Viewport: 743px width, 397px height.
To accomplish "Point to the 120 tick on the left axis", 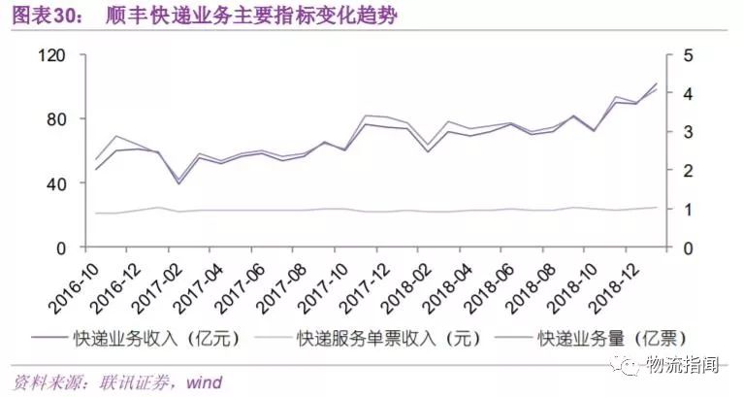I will click(x=50, y=55).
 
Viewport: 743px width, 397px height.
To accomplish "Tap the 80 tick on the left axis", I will click(x=54, y=119).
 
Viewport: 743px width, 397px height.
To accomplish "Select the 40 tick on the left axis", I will click(x=54, y=183).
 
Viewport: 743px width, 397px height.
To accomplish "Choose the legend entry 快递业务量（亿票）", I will click(x=599, y=338).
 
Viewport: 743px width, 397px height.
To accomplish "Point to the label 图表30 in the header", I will click(x=40, y=17).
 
